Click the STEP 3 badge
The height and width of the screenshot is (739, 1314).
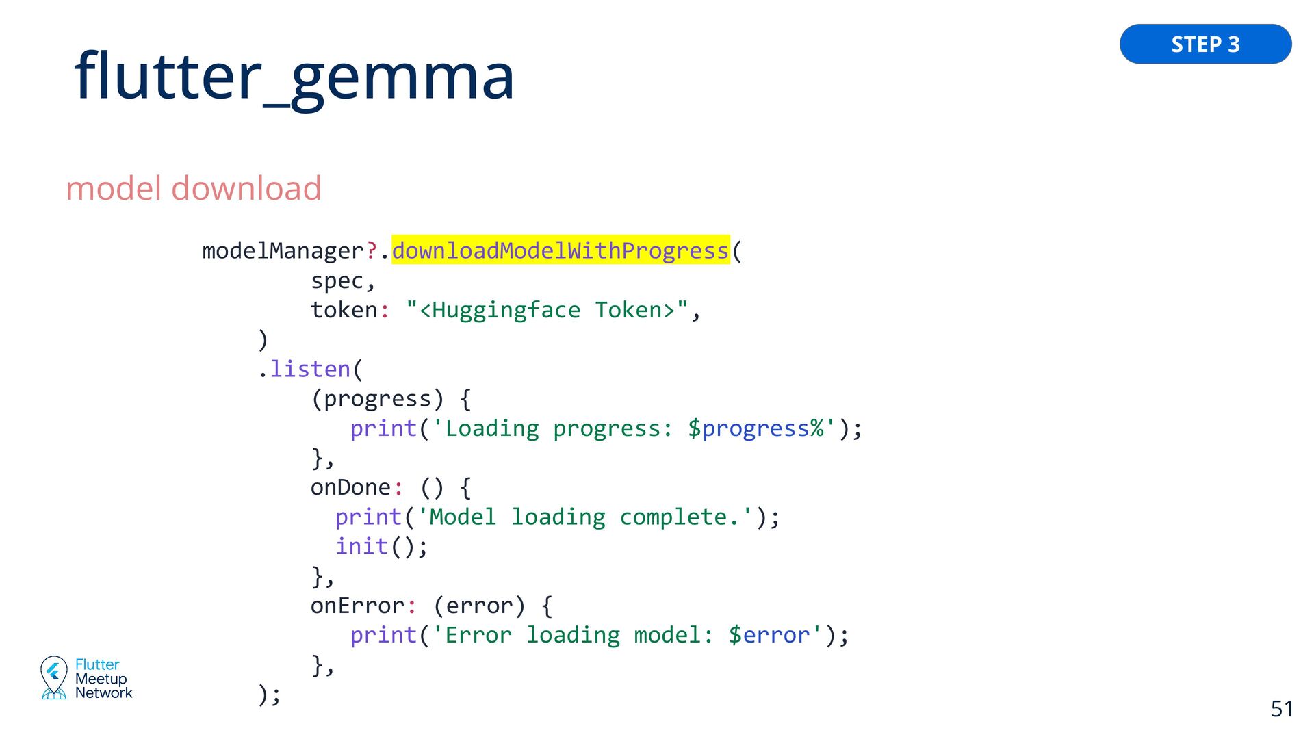coord(1205,44)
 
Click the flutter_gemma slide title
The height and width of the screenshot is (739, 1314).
coord(294,77)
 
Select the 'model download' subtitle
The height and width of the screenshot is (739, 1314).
coord(194,189)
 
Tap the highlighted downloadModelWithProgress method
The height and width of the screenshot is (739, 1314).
coord(561,250)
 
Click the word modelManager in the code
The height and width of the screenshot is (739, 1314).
coord(283,251)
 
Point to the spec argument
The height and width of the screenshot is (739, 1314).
coord(337,281)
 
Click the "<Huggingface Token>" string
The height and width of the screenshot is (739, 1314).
coord(547,310)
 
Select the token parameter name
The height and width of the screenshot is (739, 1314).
coord(344,310)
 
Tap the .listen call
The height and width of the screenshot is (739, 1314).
coord(309,369)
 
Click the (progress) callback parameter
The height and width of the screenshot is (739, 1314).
coord(377,398)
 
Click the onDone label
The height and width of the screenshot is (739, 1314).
coord(350,487)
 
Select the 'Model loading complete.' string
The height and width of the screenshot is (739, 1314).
coord(586,517)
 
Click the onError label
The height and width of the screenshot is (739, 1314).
coord(357,606)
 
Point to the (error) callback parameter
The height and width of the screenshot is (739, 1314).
coord(479,606)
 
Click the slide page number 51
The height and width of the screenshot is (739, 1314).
coord(1282,709)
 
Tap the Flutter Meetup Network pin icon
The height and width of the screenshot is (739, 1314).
coord(53,677)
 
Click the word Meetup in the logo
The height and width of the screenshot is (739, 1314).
coord(101,679)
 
